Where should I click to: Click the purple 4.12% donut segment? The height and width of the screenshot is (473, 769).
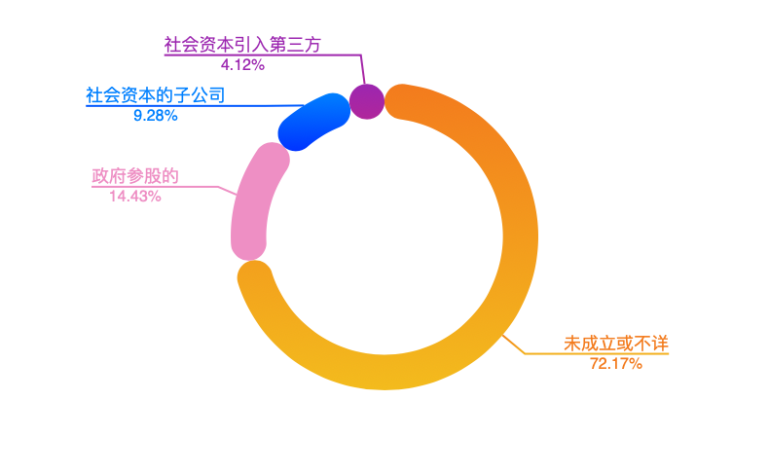click(366, 101)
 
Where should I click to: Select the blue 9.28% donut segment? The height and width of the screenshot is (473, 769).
click(313, 122)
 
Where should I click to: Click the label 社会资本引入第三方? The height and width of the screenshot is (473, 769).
click(242, 45)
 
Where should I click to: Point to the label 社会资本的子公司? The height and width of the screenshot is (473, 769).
click(156, 95)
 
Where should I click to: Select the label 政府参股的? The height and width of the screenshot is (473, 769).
click(135, 176)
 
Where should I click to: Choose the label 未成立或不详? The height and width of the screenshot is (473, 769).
click(616, 344)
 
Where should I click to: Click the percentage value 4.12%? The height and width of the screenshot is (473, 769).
click(242, 64)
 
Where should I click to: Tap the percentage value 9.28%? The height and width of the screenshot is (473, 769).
click(156, 116)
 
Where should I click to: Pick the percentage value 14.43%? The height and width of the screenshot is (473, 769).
click(135, 197)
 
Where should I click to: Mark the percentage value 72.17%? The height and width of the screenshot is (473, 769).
click(616, 364)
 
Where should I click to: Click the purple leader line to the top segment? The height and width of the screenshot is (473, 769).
click(361, 68)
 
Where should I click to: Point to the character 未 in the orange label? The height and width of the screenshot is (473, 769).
click(572, 344)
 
